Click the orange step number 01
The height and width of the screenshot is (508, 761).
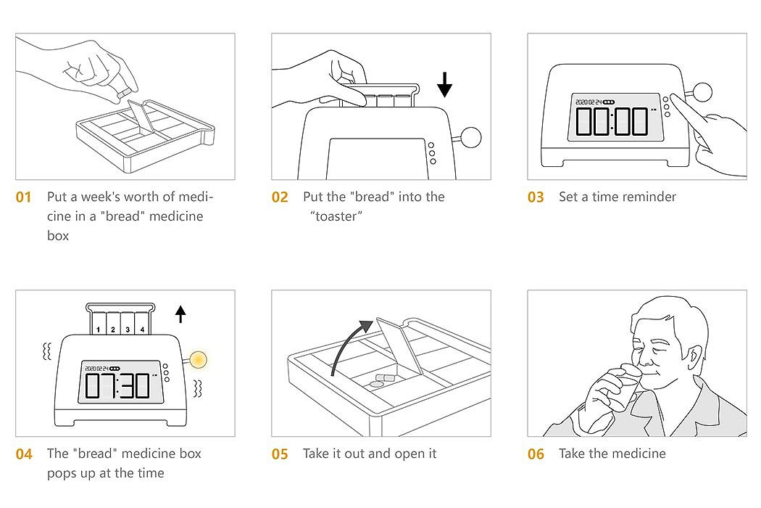pyautogui.click(x=23, y=197)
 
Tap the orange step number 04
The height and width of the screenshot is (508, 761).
pyautogui.click(x=24, y=454)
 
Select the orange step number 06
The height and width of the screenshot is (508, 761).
pyautogui.click(x=536, y=454)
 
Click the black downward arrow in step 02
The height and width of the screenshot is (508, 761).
pyautogui.click(x=444, y=84)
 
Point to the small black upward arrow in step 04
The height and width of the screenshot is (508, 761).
pyautogui.click(x=180, y=314)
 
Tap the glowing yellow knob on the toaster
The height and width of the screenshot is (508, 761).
pyautogui.click(x=198, y=360)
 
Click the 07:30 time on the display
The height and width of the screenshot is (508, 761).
pyautogui.click(x=117, y=386)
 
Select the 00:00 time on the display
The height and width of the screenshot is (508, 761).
pyautogui.click(x=612, y=121)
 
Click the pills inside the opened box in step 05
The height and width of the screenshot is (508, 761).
pyautogui.click(x=381, y=380)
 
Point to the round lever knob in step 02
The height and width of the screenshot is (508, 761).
pyautogui.click(x=470, y=137)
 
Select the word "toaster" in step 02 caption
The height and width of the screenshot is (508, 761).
pyautogui.click(x=336, y=216)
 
